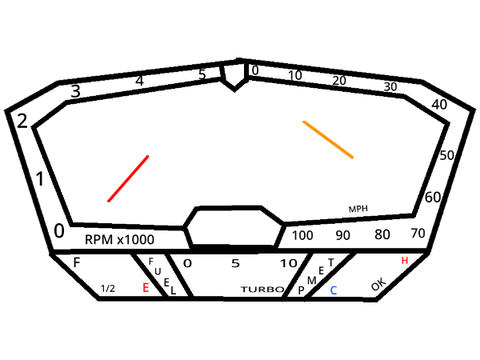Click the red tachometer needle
128,178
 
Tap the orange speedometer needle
328,140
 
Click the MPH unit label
358,209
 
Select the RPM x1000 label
119,239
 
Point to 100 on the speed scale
302,235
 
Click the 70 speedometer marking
418,233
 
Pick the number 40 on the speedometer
439,105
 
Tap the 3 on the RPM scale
76,91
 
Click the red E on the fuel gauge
146,287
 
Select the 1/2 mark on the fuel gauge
108,288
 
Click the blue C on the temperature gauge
333,290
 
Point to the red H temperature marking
405,260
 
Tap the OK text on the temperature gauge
379,284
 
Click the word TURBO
262,289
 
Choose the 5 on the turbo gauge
236,263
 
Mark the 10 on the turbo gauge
289,263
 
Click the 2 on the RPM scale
22,121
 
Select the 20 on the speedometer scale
339,80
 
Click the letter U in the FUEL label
158,271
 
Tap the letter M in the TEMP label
312,280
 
